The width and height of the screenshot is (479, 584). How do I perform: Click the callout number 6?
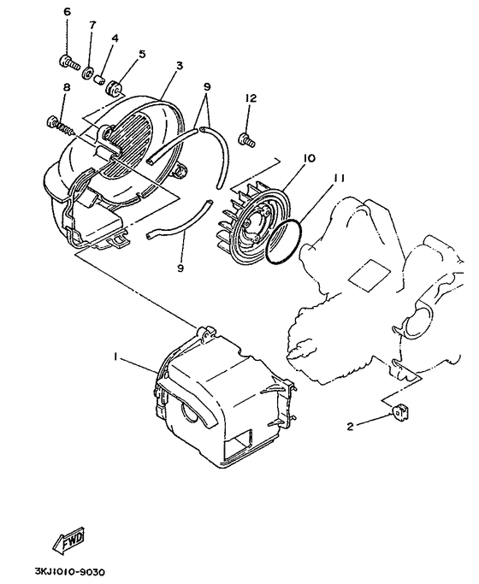67,12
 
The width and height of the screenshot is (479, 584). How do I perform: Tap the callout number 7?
92,25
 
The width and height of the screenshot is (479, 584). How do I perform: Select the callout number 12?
251,98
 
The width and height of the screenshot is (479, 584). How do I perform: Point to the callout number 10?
309,158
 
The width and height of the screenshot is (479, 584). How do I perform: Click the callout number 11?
338,179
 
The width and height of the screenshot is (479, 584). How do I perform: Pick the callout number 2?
350,427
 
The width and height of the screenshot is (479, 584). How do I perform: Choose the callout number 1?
115,357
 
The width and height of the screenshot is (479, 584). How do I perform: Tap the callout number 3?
180,66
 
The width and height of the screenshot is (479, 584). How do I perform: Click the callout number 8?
67,87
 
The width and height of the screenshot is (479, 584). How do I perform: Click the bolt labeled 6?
69,62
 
